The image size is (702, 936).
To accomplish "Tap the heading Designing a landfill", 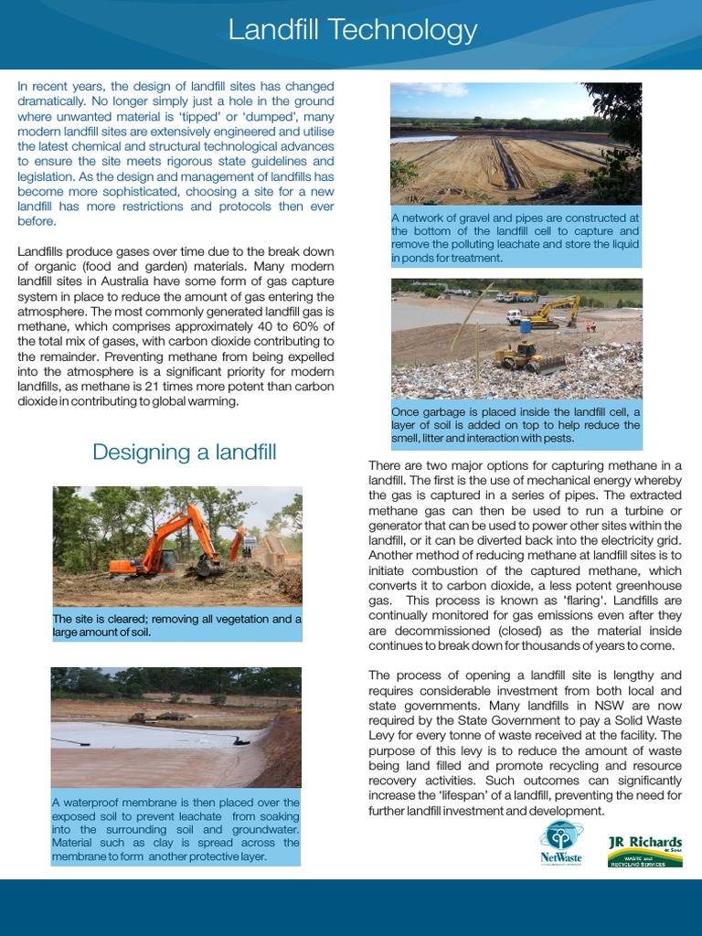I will click(184, 452).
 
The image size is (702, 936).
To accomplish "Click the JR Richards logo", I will click(645, 850).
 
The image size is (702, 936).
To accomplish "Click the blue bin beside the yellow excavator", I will click(526, 325).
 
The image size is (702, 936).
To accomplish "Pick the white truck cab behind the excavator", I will click(514, 316).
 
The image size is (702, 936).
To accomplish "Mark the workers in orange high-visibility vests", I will click(590, 324).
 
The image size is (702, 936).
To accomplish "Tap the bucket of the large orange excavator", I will click(209, 568).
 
